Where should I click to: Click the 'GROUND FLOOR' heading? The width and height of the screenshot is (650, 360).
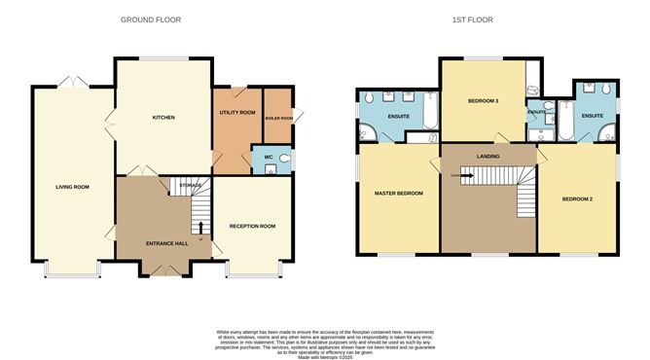click(150, 19)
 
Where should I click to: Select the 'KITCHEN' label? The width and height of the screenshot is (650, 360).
click(162, 117)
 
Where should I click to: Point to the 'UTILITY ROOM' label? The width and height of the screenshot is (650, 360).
click(236, 113)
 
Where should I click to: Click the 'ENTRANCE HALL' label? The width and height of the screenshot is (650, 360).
click(166, 242)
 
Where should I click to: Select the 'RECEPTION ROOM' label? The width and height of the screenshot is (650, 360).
click(252, 226)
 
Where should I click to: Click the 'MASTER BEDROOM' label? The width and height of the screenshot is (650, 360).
click(399, 194)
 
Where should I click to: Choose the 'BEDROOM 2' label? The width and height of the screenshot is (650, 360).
click(579, 199)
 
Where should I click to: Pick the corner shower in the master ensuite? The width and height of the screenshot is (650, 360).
click(368, 131)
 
